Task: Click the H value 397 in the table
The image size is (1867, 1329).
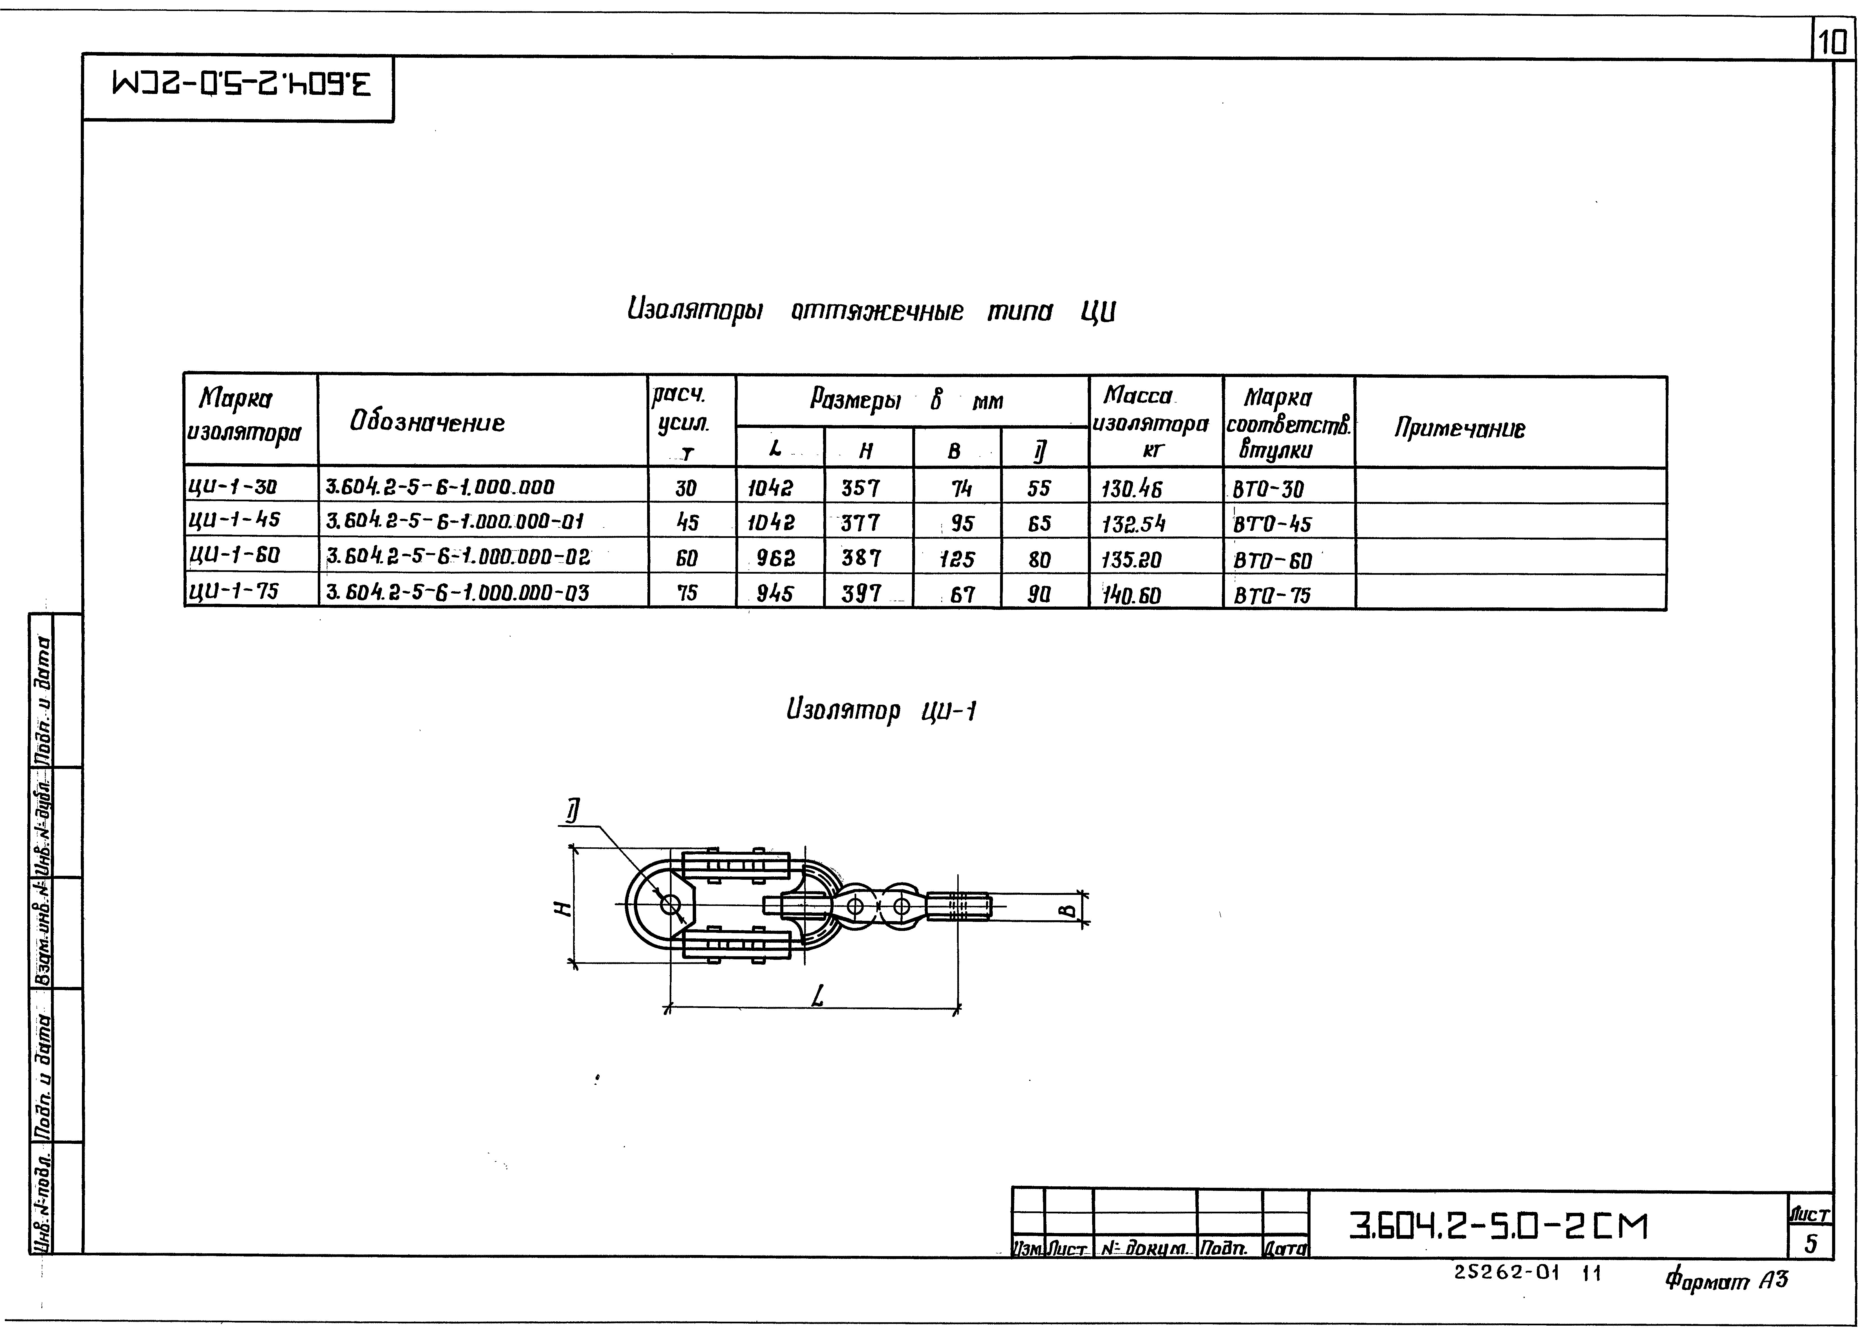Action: coord(861,593)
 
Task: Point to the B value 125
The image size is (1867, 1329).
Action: coord(956,559)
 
